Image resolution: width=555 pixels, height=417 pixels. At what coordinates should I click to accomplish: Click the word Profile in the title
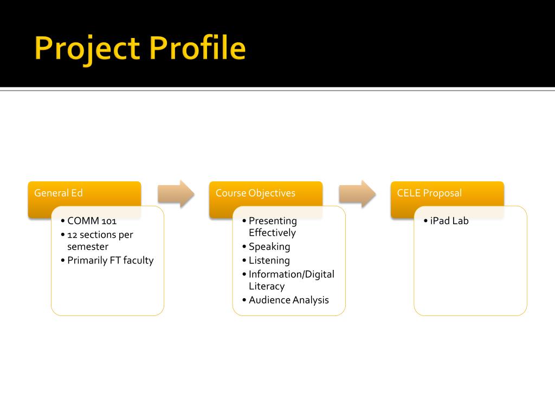click(x=198, y=48)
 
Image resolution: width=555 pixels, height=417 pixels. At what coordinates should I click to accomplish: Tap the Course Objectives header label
click(x=255, y=193)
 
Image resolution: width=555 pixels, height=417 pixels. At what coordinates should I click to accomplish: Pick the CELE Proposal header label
click(x=429, y=193)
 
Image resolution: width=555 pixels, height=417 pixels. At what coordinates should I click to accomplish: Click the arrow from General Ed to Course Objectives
click(x=176, y=193)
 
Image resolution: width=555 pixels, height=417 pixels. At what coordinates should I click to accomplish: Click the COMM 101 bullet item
click(x=92, y=221)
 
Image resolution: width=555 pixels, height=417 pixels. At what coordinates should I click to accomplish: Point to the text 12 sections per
click(x=100, y=235)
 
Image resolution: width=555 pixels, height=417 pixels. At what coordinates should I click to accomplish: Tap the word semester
click(x=88, y=247)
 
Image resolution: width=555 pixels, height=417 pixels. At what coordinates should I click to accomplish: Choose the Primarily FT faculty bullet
click(x=110, y=260)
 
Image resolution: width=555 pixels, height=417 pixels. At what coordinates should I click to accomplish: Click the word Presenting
click(x=273, y=221)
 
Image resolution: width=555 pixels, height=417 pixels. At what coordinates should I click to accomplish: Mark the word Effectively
click(x=272, y=233)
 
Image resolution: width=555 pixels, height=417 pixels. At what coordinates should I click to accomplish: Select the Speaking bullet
click(x=269, y=247)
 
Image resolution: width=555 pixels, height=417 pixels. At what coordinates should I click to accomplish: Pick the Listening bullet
click(x=269, y=260)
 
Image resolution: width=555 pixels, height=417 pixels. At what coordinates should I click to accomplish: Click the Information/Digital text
click(x=292, y=274)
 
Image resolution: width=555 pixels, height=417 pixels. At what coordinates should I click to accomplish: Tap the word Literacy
click(x=267, y=286)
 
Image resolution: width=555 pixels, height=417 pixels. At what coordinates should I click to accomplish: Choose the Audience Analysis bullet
click(x=288, y=300)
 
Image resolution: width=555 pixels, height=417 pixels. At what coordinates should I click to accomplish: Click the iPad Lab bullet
click(x=449, y=221)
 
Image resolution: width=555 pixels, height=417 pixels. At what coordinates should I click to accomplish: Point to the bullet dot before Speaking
click(x=244, y=247)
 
